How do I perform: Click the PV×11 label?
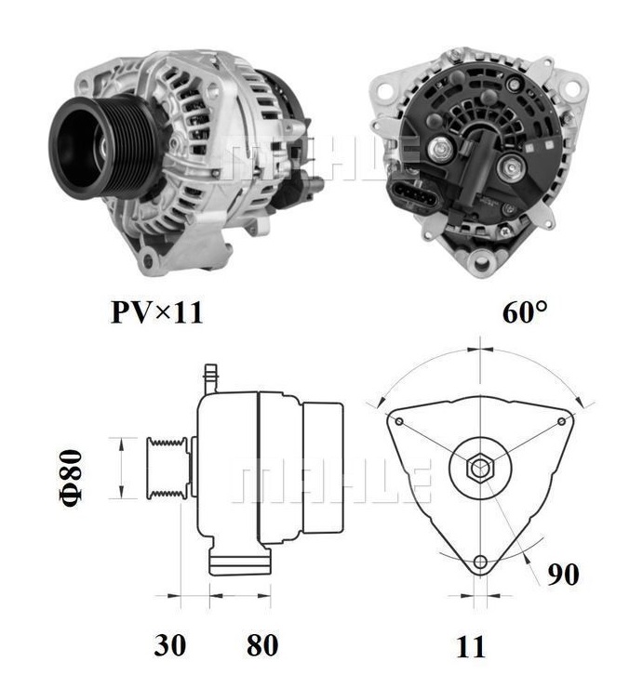tap(155, 312)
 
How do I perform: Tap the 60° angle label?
tap(525, 312)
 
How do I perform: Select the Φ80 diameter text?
tap(73, 476)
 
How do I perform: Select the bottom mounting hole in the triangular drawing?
tap(480, 562)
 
